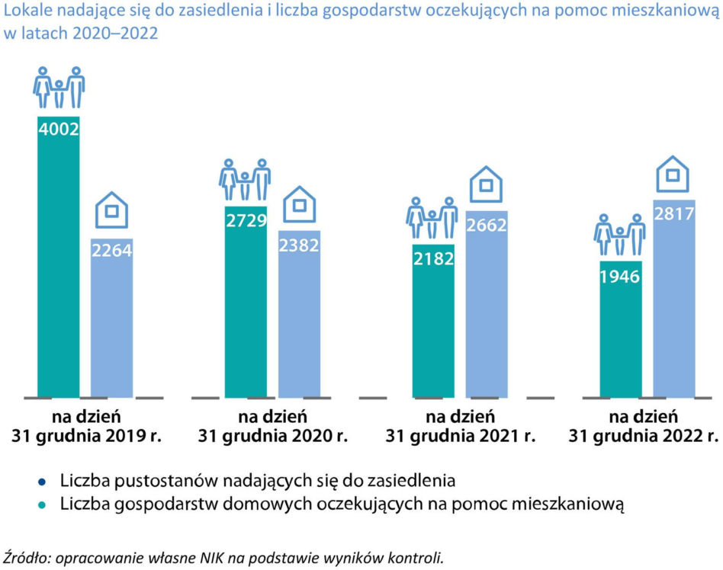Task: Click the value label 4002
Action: click(59, 129)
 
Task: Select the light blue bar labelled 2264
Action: click(111, 318)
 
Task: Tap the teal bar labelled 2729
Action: click(246, 302)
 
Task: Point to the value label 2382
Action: click(299, 245)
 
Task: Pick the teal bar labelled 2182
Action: click(433, 321)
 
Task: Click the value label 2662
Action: click(487, 225)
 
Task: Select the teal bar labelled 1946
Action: click(621, 329)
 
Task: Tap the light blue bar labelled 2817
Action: click(674, 299)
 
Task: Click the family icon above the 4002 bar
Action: click(59, 88)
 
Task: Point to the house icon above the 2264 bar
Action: click(111, 210)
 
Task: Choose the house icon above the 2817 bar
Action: click(673, 174)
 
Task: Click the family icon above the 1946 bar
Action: click(620, 235)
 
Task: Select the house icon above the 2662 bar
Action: click(486, 184)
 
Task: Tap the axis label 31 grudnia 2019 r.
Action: click(87, 435)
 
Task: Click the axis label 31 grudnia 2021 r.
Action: click(460, 435)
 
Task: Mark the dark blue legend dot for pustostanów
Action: click(42, 482)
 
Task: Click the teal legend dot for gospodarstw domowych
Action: click(42, 505)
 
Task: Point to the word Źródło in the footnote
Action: click(26, 558)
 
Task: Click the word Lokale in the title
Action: click(28, 10)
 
